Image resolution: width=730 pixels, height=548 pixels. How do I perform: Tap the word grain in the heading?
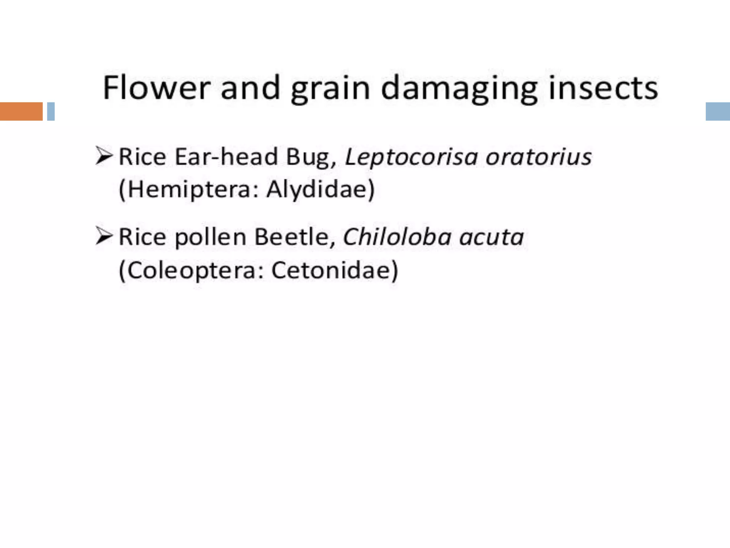pyautogui.click(x=330, y=89)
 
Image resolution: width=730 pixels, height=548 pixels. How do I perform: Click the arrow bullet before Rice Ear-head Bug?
pyautogui.click(x=104, y=156)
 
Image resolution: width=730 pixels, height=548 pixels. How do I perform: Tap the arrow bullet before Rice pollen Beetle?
pyautogui.click(x=104, y=237)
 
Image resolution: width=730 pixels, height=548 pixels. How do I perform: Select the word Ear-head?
pyautogui.click(x=226, y=157)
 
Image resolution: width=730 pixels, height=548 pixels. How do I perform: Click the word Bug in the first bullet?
pyautogui.click(x=310, y=157)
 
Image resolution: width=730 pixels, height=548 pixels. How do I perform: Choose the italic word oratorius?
pyautogui.click(x=538, y=157)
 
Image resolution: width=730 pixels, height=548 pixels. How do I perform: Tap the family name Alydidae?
pyautogui.click(x=319, y=189)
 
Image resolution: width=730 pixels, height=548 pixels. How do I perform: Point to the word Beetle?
pyautogui.click(x=294, y=237)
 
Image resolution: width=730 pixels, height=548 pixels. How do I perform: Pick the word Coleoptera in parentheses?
pyautogui.click(x=193, y=270)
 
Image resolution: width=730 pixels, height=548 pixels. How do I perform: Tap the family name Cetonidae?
pyautogui.click(x=334, y=270)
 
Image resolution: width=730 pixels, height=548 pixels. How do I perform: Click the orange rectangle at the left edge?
pyautogui.click(x=21, y=111)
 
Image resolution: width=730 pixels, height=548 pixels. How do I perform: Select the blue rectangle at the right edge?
pyautogui.click(x=718, y=111)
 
